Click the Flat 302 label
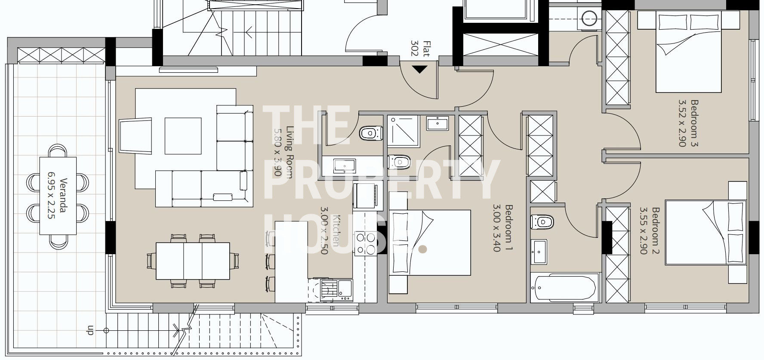420,49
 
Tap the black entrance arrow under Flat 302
419,69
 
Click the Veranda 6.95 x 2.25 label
57,198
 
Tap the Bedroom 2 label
650,231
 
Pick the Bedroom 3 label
688,123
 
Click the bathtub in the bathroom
565,288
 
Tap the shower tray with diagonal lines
402,129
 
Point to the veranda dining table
58,196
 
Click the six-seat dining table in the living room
193,261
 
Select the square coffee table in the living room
183,136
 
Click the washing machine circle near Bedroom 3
589,18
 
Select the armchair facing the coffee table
136,135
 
